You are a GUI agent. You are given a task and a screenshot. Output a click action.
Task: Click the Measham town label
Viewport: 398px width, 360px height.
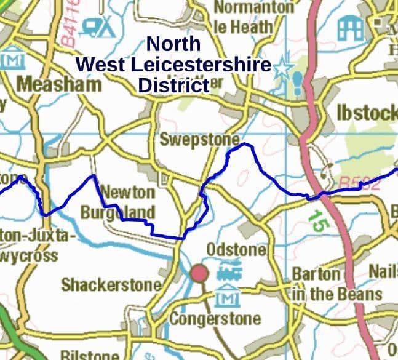58,84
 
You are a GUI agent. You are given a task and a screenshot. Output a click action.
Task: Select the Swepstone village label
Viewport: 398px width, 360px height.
199,139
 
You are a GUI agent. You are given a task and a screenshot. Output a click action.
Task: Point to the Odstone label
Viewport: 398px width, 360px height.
236,250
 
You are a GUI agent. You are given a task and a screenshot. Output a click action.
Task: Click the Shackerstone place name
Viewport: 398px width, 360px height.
111,285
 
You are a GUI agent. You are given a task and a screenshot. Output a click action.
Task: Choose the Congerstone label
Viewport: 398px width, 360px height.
215,319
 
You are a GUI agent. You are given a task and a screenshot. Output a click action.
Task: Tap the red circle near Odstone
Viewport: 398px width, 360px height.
199,274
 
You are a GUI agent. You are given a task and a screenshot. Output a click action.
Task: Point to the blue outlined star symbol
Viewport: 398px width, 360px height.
282,68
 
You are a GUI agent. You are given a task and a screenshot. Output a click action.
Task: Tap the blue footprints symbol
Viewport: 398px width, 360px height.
298,82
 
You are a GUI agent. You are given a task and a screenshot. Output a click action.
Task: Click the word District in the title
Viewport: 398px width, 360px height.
173,85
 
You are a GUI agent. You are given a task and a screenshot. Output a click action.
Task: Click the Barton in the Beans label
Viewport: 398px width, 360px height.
336,284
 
